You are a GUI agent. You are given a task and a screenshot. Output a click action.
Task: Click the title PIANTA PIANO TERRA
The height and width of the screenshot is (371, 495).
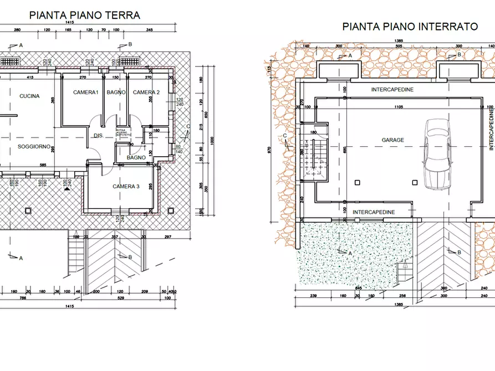pos(84,15)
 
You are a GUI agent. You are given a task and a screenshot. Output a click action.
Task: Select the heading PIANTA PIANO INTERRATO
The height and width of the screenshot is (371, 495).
pos(410,26)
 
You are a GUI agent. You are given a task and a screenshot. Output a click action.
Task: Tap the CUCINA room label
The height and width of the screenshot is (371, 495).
pos(29,96)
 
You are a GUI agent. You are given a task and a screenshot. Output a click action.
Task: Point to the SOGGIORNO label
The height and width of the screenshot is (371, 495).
pos(34,147)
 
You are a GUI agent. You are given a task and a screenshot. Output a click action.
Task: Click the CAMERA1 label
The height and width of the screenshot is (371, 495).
pos(85,92)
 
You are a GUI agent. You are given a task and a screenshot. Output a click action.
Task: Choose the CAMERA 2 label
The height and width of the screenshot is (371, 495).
pos(146,92)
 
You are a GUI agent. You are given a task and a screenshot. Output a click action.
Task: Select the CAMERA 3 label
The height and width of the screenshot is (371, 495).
pos(126,187)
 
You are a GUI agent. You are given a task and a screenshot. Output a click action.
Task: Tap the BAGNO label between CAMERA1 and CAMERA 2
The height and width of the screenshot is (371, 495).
pos(116,92)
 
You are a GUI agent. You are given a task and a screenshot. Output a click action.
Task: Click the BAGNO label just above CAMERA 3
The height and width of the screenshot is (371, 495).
pos(136,158)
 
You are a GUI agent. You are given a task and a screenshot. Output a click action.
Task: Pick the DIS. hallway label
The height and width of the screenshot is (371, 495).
pos(98,136)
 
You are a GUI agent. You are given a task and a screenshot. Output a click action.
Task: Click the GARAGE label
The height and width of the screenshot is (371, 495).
pos(392,141)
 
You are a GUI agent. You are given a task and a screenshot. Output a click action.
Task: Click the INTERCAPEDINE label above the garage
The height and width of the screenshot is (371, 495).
pos(392,89)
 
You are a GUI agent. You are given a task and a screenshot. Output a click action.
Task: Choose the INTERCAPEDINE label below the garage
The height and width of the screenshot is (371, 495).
pos(374,212)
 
